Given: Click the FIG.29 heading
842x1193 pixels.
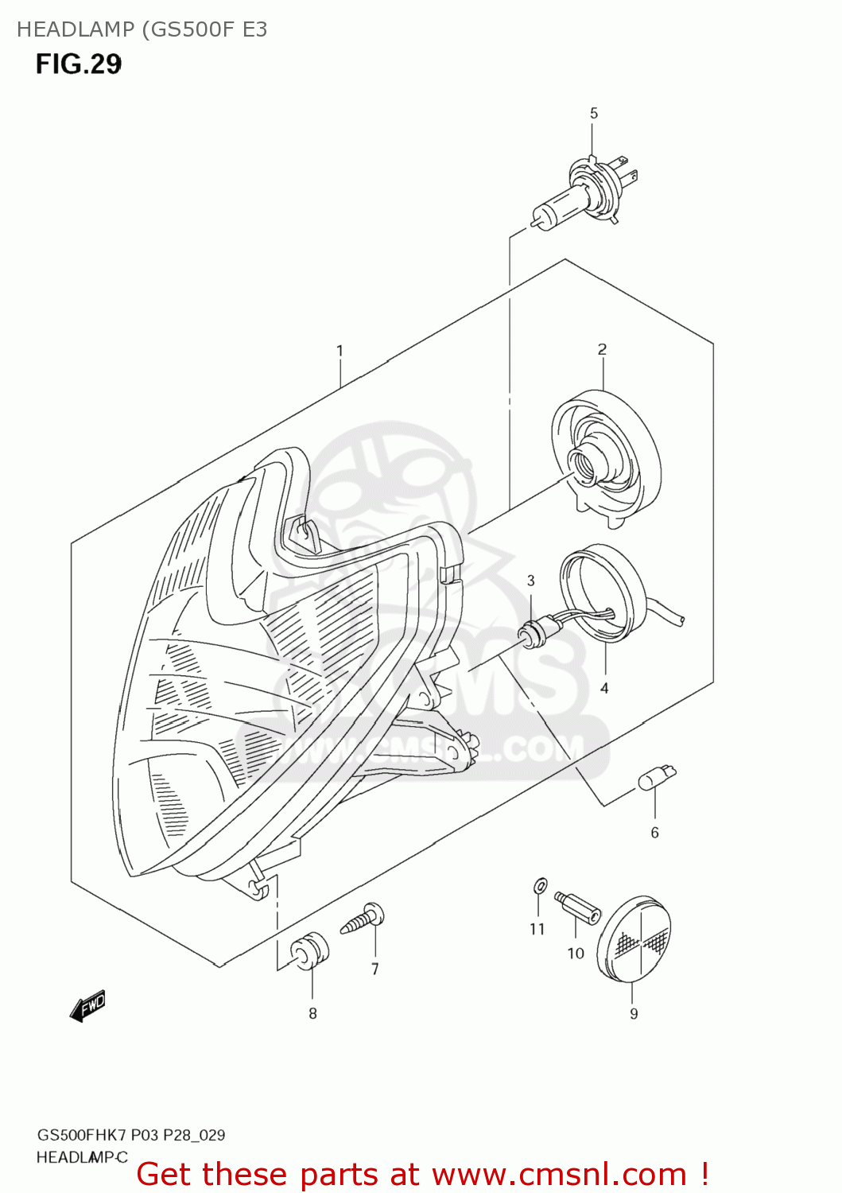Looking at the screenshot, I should (79, 64).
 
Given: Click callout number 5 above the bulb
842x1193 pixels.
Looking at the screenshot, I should (593, 114).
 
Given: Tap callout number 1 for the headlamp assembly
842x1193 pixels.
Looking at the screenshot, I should (340, 351).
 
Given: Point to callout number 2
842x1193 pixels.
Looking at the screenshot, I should (602, 349).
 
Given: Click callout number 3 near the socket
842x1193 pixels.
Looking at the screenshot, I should (531, 581).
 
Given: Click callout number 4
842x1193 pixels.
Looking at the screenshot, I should (604, 688).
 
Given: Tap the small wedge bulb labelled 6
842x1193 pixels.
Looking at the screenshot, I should (656, 778).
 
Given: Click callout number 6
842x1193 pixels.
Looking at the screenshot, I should (654, 833).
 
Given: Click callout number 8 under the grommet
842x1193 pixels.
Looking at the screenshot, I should (312, 1013).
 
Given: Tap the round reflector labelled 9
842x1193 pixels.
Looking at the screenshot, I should (634, 939).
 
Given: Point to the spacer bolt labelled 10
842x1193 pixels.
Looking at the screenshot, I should (578, 908).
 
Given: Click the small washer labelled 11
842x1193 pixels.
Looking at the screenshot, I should (539, 885).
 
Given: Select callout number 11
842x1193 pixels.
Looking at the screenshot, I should (537, 929).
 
